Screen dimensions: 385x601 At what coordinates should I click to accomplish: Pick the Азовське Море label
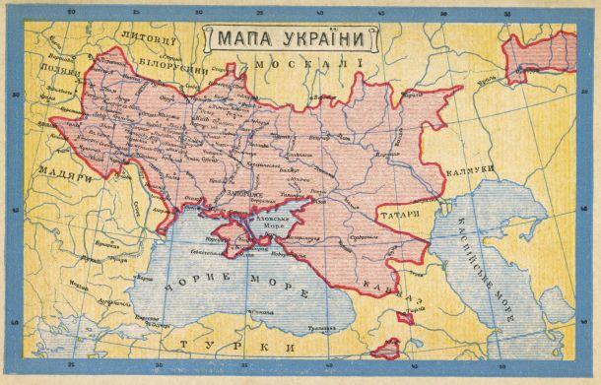click(x=269, y=221)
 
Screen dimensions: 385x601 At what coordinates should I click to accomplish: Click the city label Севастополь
click(x=206, y=253)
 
